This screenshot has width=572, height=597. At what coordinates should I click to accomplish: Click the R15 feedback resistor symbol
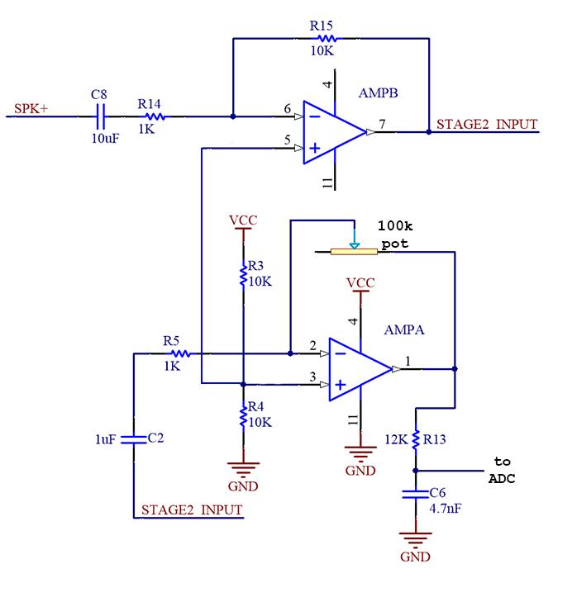pos(323,38)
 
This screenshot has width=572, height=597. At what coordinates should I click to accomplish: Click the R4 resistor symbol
pos(242,417)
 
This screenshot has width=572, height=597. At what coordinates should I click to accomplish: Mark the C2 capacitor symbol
pos(133,438)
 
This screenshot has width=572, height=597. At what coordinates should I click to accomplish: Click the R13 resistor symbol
pos(416,439)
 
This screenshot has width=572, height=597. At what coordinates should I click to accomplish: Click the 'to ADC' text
pos(502,470)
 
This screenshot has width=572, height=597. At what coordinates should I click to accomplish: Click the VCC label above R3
pos(242,220)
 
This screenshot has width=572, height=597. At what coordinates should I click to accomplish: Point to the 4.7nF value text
pos(445,509)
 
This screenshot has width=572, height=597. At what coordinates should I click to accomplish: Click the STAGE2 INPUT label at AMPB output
pos(487,125)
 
